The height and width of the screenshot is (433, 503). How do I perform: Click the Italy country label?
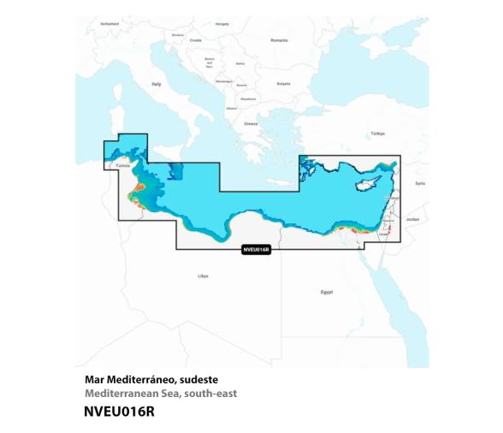coord(157,84)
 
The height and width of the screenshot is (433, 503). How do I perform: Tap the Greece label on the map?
coord(251,123)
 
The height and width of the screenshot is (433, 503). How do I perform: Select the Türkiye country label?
coord(377,133)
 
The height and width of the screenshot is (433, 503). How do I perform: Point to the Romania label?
coord(280,40)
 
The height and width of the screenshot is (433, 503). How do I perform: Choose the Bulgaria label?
coord(284,84)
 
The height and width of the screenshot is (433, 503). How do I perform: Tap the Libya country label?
coord(203,276)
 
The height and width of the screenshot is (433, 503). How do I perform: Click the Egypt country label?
coord(326,293)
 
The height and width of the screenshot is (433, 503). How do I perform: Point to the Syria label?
coord(419,182)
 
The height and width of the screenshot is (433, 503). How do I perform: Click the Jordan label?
coord(412,220)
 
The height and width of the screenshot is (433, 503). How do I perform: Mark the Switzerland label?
coord(109,24)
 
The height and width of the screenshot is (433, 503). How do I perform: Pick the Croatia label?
coord(195,39)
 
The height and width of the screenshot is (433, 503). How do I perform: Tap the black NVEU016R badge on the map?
coord(256,250)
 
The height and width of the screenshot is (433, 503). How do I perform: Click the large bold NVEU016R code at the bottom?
coord(120,412)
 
